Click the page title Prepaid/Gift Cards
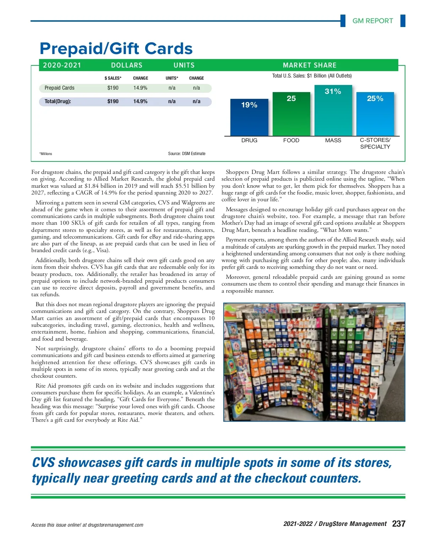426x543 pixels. (x=116, y=49)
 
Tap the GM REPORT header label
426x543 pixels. (x=372, y=21)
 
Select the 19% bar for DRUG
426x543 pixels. (x=249, y=117)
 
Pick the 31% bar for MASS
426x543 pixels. (x=333, y=110)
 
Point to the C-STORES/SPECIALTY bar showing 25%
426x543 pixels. (x=375, y=114)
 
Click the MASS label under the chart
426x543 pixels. (x=333, y=140)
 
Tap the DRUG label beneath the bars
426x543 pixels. (x=249, y=140)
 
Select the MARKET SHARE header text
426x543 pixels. (x=310, y=65)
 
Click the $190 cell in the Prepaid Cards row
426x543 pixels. (x=113, y=88)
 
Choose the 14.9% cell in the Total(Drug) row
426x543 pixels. (x=140, y=101)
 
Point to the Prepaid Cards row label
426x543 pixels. (x=59, y=88)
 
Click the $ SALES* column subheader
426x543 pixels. (x=113, y=78)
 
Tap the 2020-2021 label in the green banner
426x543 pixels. (x=62, y=65)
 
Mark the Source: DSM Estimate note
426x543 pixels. (x=187, y=154)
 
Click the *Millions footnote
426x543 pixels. (x=46, y=154)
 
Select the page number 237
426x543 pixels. (x=399, y=524)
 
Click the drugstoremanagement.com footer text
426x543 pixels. (x=115, y=525)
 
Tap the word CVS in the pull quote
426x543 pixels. (x=43, y=463)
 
